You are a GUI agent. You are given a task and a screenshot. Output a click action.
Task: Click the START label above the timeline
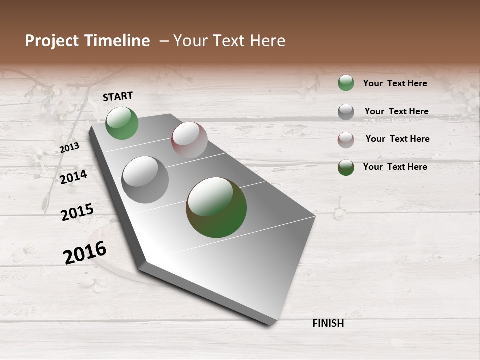[118, 96]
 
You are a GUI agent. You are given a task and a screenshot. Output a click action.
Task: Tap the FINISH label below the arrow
[328, 323]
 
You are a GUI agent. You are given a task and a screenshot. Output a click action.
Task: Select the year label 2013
[69, 148]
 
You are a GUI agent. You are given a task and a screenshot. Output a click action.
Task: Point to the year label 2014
[73, 177]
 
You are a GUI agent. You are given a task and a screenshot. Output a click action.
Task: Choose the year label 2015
[77, 212]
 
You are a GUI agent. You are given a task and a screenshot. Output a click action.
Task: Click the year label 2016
[85, 253]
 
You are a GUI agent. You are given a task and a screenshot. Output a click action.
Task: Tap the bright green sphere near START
[122, 123]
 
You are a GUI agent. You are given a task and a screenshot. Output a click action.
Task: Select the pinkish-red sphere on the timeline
[189, 140]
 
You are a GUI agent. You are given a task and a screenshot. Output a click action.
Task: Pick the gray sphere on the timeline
[145, 180]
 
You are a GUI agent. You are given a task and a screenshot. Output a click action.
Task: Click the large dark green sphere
[216, 207]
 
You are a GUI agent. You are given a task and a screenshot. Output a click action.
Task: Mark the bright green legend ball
[346, 83]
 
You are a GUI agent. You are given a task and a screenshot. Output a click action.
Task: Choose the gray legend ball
[346, 112]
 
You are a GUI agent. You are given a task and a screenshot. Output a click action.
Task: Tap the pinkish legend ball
[346, 140]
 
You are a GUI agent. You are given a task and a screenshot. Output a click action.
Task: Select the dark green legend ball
[346, 167]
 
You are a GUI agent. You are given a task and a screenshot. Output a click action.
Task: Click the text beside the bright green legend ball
[395, 83]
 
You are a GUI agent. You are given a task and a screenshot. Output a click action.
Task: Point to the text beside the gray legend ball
[396, 111]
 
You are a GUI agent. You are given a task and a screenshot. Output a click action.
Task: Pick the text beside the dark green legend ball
[395, 167]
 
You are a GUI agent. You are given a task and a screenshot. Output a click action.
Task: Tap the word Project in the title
[52, 41]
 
